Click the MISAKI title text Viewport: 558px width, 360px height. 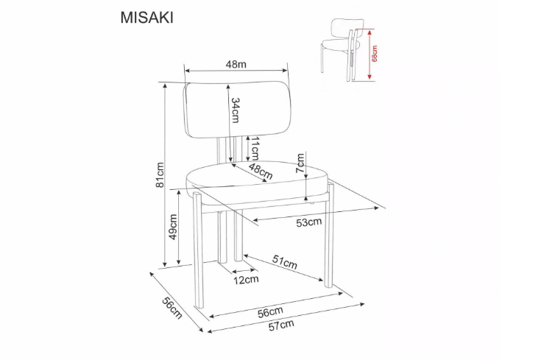[146, 18]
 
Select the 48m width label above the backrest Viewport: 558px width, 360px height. [236, 64]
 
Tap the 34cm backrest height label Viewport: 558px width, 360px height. [236, 110]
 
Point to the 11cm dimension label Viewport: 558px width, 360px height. [254, 148]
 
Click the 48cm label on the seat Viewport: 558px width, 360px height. [260, 172]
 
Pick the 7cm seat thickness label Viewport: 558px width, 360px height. [300, 162]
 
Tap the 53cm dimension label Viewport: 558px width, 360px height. [308, 222]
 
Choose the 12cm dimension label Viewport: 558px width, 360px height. [246, 280]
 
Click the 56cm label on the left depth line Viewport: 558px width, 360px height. [171, 308]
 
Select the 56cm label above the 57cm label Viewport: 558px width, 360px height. [270, 311]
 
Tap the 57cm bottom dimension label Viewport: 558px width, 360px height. [280, 325]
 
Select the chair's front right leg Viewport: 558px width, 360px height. [328, 243]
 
